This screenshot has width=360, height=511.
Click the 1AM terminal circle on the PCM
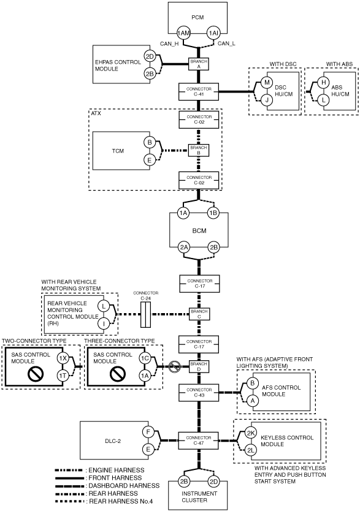(183, 32)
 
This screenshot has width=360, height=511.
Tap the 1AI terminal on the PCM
(213, 32)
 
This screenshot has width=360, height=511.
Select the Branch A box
(199, 64)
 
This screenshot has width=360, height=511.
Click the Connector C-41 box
(199, 91)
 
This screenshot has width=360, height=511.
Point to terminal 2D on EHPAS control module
(150, 57)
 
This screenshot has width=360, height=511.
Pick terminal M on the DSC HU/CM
(267, 83)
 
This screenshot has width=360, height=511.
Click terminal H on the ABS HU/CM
(323, 83)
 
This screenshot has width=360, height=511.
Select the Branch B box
(199, 150)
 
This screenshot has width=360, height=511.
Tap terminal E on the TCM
(150, 160)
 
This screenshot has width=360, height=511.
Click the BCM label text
(199, 231)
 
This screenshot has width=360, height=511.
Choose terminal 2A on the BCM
(184, 248)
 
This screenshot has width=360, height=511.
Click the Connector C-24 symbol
(146, 314)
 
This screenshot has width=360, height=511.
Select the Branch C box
(199, 314)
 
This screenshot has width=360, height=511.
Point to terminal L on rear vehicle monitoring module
(104, 306)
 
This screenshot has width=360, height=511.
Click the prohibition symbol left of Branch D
(175, 367)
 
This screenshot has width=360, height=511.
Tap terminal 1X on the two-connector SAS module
(63, 358)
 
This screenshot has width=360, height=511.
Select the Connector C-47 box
(199, 441)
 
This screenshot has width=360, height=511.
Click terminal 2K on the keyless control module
(251, 433)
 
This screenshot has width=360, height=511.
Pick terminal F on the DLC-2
(148, 433)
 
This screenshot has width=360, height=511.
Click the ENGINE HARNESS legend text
(117, 471)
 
